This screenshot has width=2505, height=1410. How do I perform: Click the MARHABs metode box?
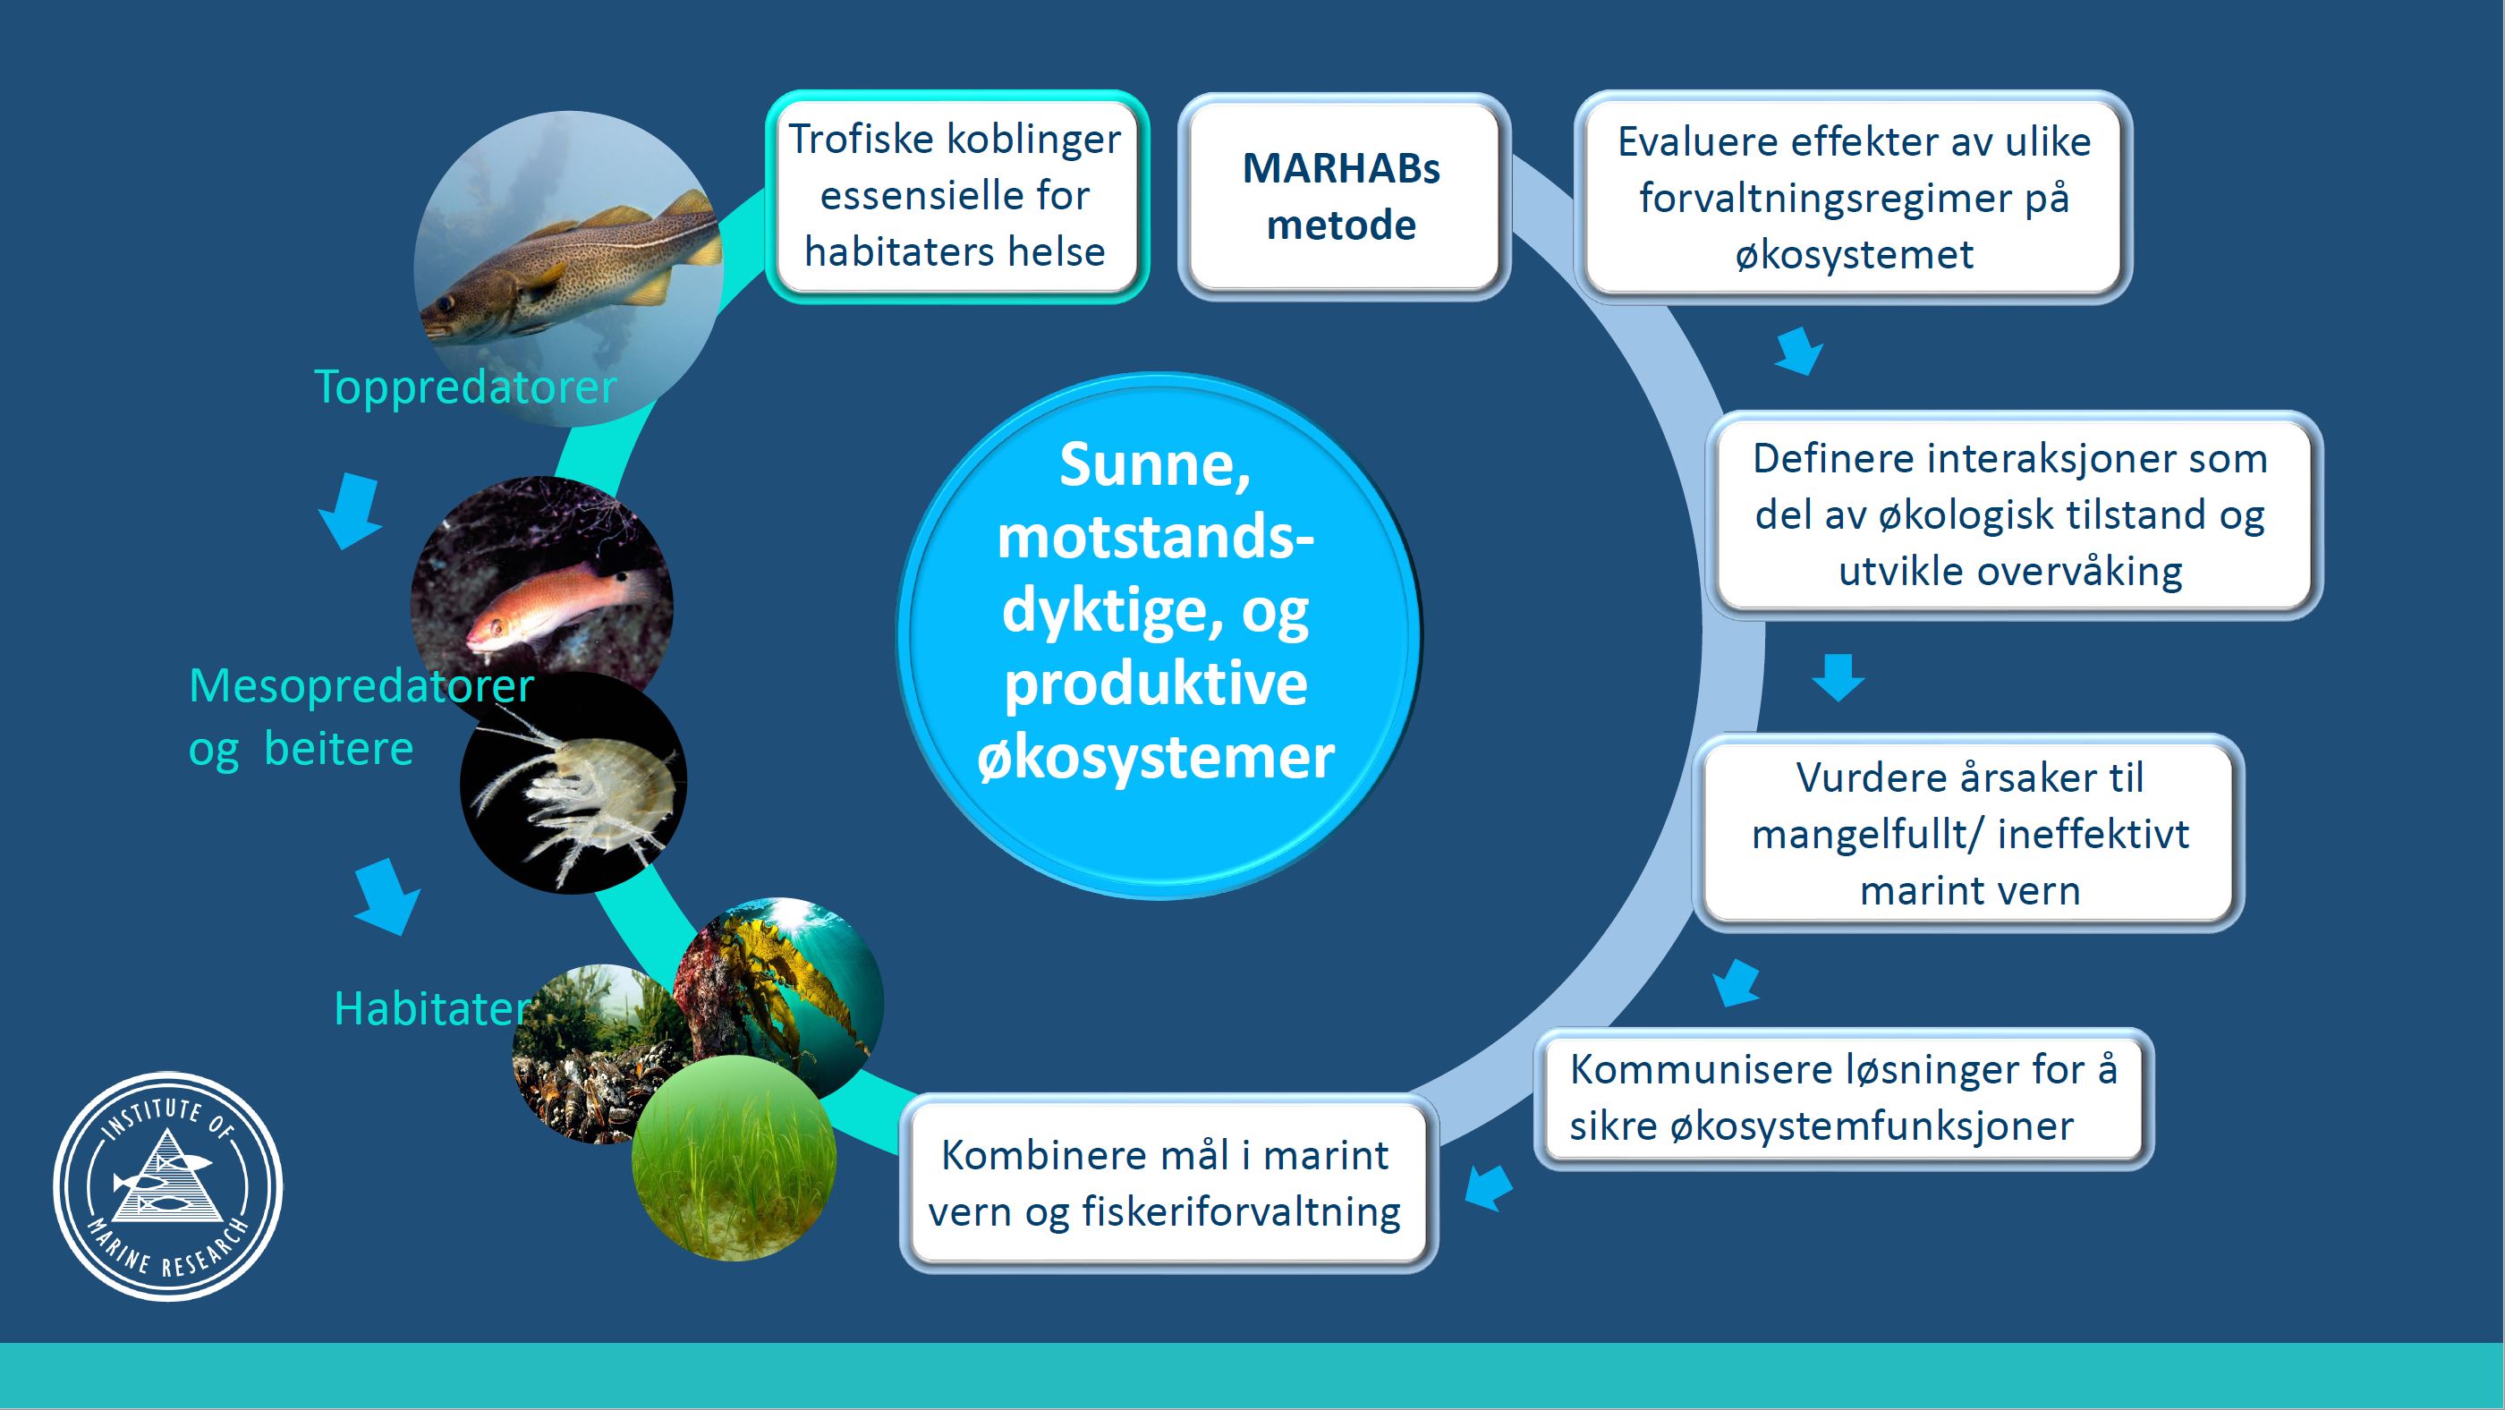tap(1342, 197)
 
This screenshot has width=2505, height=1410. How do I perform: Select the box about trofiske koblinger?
tap(955, 197)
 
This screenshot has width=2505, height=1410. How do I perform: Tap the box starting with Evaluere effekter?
tap(1854, 198)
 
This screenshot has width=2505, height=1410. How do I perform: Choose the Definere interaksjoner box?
tap(2010, 514)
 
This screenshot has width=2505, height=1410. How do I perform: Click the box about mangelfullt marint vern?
tap(1969, 833)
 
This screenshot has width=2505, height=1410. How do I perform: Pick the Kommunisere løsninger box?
tap(1843, 1098)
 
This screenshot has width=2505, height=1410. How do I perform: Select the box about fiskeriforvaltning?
tap(1165, 1184)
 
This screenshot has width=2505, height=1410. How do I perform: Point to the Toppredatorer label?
tap(465, 387)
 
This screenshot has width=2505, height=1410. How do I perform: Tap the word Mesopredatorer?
tap(361, 685)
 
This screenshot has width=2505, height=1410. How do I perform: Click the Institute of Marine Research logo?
tap(168, 1185)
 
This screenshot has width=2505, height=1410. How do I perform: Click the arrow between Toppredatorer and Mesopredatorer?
tap(351, 511)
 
